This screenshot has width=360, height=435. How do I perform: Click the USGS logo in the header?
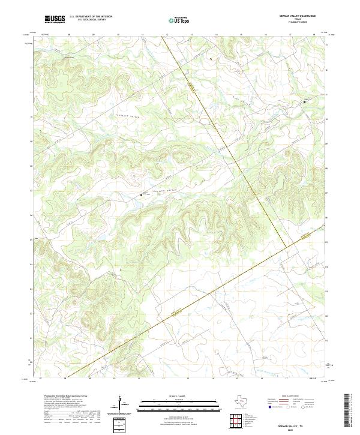tap(55, 19)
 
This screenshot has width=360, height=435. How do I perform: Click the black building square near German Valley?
tap(142, 194)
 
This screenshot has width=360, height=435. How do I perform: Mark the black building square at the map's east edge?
tap(304, 102)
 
